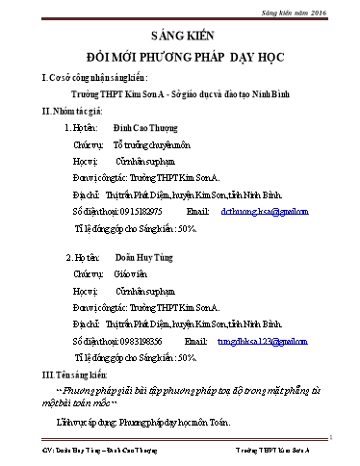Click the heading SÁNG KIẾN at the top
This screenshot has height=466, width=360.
pos(181,32)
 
